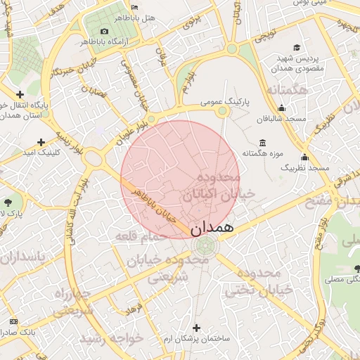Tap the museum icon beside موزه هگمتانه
click(x=262, y=142)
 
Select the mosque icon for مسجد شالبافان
click(x=282, y=108)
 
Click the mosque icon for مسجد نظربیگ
click(x=304, y=157)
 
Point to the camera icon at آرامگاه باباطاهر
click(x=105, y=31)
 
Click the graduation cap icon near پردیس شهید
click(x=297, y=48)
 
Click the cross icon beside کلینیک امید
click(x=41, y=142)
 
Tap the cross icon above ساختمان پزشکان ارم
click(x=196, y=328)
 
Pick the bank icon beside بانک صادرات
click(x=13, y=321)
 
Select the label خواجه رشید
click(x=112, y=338)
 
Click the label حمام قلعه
click(x=141, y=236)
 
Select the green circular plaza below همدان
click(x=205, y=246)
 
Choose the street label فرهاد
click(x=134, y=307)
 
